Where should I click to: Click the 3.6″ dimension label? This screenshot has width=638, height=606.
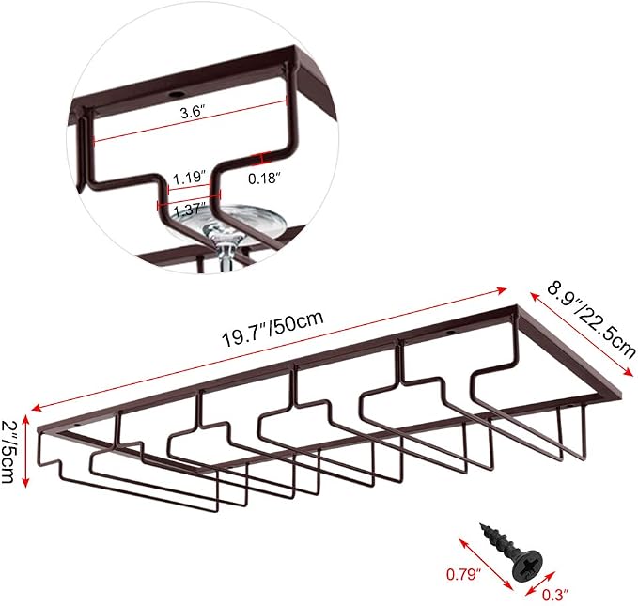tap(193, 112)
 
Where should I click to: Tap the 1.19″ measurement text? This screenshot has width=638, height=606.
tap(188, 178)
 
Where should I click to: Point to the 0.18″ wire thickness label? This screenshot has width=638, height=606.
tap(265, 179)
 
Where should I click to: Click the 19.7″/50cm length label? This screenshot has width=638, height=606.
tap(272, 329)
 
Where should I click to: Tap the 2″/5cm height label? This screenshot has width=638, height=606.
tap(8, 451)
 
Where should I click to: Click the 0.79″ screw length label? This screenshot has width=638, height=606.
tap(464, 574)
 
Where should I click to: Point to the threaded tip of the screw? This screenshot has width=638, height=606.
tap(484, 527)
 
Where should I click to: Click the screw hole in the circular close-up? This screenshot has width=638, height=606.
tap(177, 95)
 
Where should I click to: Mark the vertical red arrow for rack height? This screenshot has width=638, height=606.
tap(26, 451)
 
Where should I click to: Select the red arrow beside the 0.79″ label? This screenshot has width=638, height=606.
tap(486, 564)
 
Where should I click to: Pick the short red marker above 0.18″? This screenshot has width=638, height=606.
tap(260, 159)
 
